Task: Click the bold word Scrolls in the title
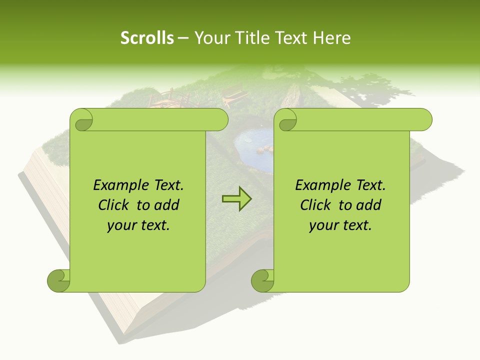(147, 37)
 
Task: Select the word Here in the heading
(331, 37)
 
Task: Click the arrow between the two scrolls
(236, 199)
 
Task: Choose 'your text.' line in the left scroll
(138, 225)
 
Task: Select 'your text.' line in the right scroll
(340, 225)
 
